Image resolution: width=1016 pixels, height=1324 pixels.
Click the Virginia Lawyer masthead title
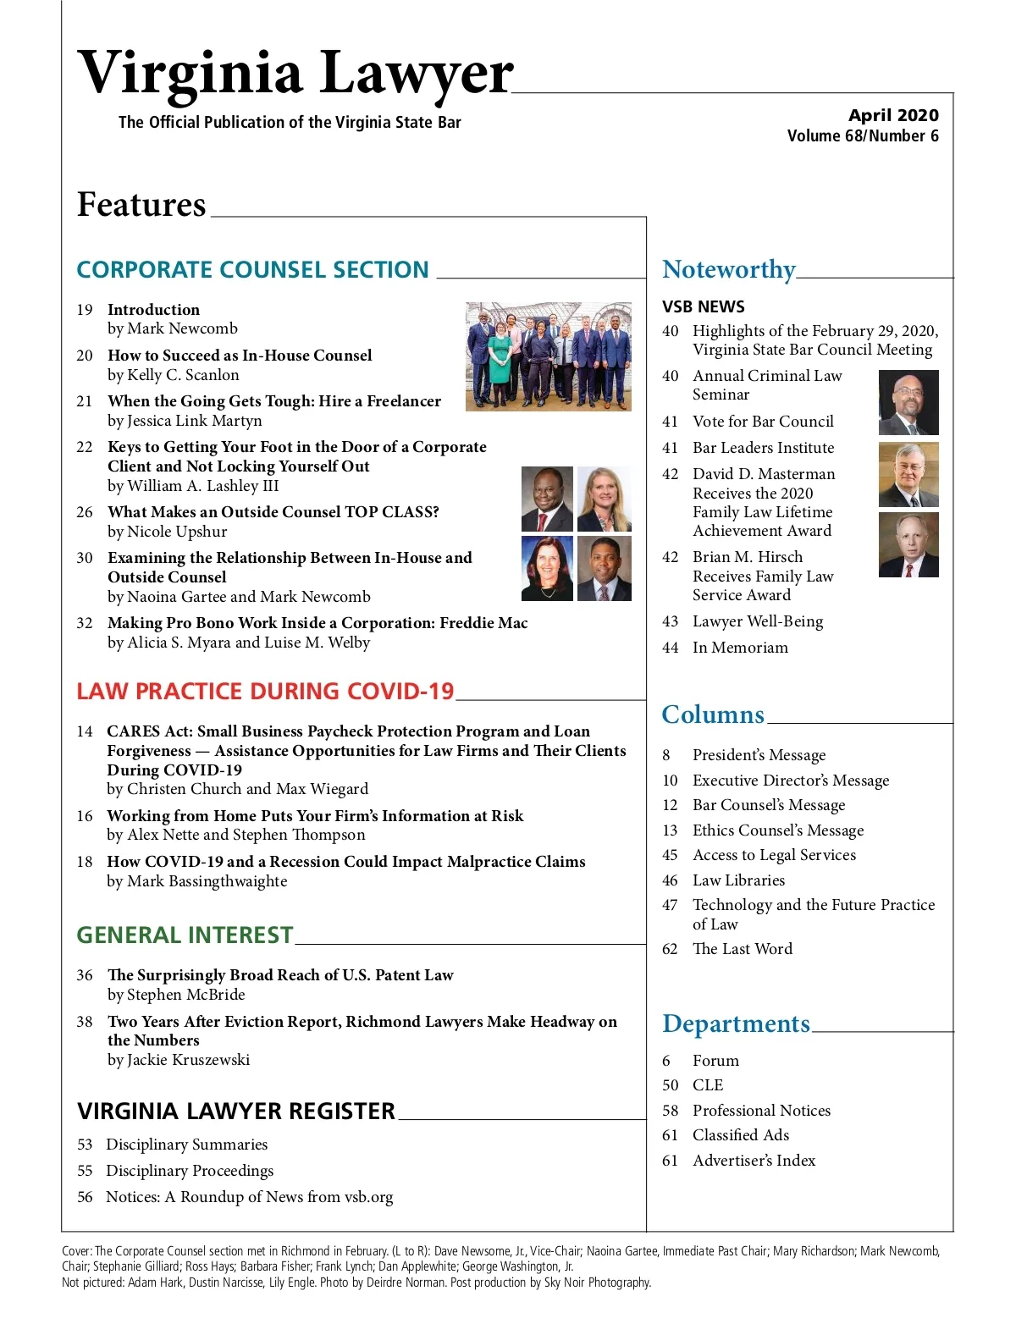[x=295, y=73]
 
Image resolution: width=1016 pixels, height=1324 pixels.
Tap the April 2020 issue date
[x=893, y=115]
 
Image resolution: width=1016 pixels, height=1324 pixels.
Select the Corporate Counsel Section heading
[x=252, y=270]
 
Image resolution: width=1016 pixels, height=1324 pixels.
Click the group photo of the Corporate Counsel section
[x=548, y=356]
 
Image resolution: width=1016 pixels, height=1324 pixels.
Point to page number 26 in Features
[x=85, y=512]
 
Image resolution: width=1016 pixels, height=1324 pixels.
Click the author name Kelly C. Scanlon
[x=183, y=375]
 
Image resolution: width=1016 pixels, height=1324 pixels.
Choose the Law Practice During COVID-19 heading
[x=265, y=692]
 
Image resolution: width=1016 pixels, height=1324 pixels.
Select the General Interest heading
[x=185, y=935]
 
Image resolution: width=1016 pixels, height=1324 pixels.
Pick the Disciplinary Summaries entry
[x=186, y=1145]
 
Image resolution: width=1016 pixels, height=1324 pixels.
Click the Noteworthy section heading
[x=728, y=269]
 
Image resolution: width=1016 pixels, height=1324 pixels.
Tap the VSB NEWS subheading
[x=703, y=306]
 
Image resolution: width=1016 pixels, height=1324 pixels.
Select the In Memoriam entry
[x=740, y=648]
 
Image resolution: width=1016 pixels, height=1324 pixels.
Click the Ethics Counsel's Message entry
[x=778, y=830]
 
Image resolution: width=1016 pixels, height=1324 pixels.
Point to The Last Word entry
[x=743, y=949]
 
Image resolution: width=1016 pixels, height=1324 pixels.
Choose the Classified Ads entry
[x=741, y=1135]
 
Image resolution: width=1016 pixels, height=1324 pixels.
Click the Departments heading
[x=736, y=1023]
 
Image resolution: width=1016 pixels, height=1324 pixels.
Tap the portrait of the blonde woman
[x=604, y=499]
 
